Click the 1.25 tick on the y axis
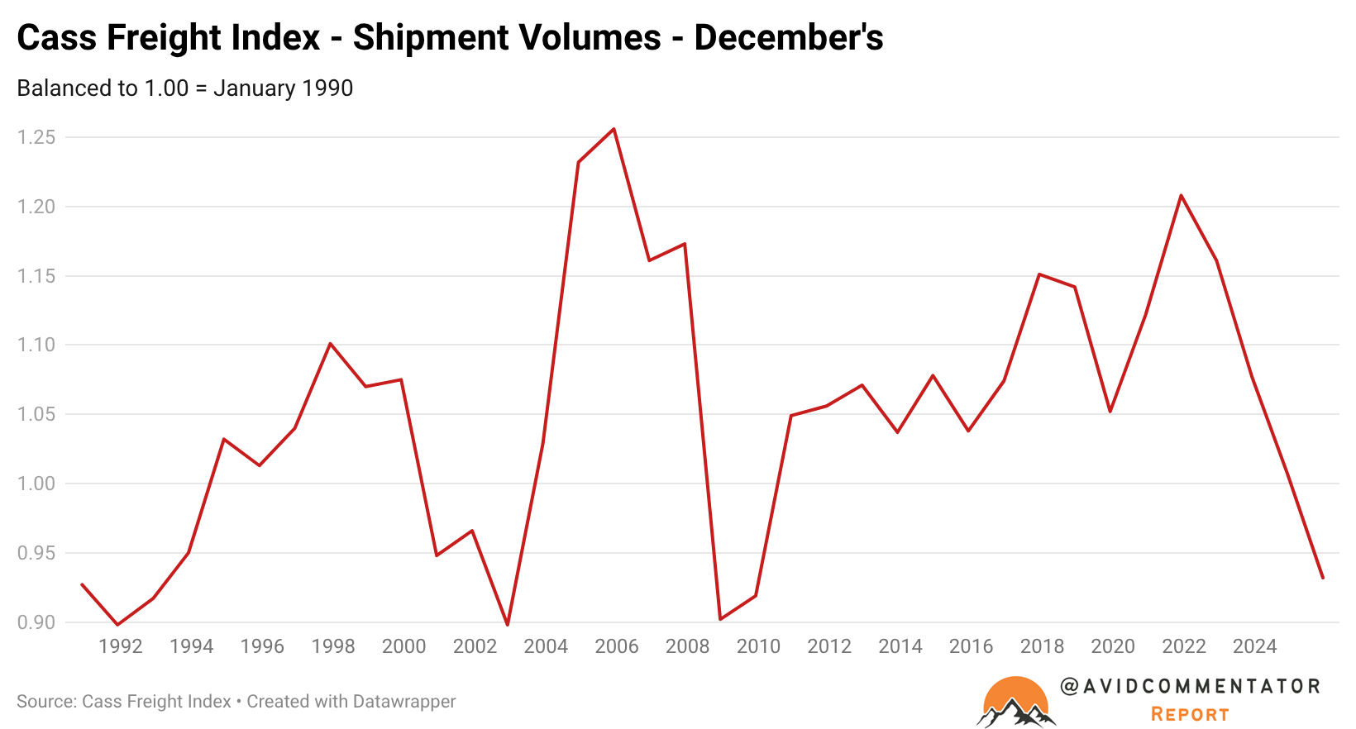pyautogui.click(x=36, y=137)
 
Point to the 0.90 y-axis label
pyautogui.click(x=36, y=622)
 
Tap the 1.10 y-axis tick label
pyautogui.click(x=36, y=345)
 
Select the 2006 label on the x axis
pyautogui.click(x=617, y=646)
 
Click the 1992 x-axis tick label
pyautogui.click(x=121, y=646)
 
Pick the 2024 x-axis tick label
pyautogui.click(x=1255, y=646)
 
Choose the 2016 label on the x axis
pyautogui.click(x=972, y=646)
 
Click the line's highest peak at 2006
pyautogui.click(x=614, y=129)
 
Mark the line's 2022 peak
pyautogui.click(x=1181, y=195)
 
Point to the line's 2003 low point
pyautogui.click(x=507, y=625)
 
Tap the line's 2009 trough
pyautogui.click(x=720, y=619)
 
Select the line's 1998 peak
pyautogui.click(x=330, y=343)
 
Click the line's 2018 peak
pyautogui.click(x=1039, y=274)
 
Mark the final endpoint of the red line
pyautogui.click(x=1323, y=578)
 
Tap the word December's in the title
pyautogui.click(x=789, y=38)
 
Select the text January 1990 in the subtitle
pyautogui.click(x=283, y=88)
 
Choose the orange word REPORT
pyautogui.click(x=1190, y=714)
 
